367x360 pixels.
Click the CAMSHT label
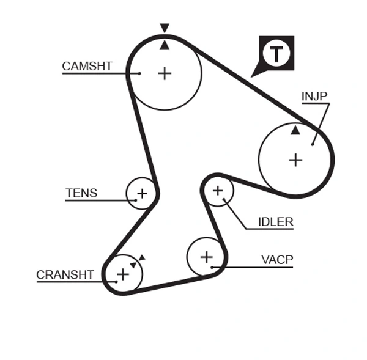87,66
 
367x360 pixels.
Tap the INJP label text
314,96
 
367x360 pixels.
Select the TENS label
81,193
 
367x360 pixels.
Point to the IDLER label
275,222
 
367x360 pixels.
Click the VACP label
277,260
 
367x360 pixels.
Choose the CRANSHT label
65,275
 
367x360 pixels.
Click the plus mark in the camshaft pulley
165,73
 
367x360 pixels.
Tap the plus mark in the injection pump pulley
295,160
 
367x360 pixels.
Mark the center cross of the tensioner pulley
142,194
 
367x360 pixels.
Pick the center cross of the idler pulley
218,191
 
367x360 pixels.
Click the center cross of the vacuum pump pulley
207,256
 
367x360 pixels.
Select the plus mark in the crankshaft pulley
123,273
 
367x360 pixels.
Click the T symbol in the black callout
277,54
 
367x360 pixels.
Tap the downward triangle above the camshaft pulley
164,28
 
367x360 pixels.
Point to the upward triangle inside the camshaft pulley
164,45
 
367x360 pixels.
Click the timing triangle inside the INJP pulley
295,130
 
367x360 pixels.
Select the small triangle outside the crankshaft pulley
141,258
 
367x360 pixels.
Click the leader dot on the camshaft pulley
139,73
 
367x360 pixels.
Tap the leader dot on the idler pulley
225,199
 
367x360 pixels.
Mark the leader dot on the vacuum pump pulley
212,267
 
